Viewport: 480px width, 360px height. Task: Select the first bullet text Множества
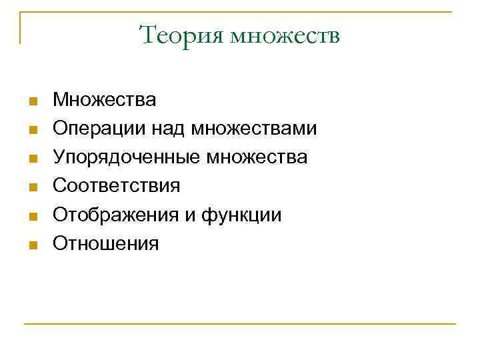(105, 100)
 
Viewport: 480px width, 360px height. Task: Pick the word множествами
(254, 129)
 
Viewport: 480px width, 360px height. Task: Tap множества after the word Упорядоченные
(257, 157)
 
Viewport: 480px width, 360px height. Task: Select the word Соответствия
(117, 186)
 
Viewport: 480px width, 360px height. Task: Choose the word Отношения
(106, 243)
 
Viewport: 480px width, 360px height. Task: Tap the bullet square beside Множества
(31, 102)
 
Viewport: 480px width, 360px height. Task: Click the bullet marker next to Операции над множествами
(31, 131)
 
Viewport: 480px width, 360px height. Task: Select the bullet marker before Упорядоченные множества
(31, 159)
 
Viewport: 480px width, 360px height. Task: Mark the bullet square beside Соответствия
(31, 188)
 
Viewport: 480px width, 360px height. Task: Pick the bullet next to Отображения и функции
(31, 217)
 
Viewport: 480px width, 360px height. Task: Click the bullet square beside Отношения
(31, 245)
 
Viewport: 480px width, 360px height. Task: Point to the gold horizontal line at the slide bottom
(240, 324)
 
